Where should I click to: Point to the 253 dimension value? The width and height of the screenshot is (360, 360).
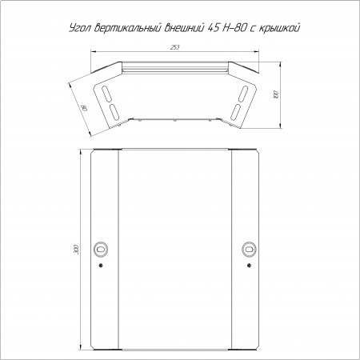click(174, 47)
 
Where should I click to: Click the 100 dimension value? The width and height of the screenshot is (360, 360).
click(276, 94)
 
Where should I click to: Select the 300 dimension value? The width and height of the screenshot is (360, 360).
click(77, 249)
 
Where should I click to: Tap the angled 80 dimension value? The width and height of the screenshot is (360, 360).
click(85, 108)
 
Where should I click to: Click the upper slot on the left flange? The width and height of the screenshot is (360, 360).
click(106, 94)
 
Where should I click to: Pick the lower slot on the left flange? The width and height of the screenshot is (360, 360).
click(114, 111)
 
